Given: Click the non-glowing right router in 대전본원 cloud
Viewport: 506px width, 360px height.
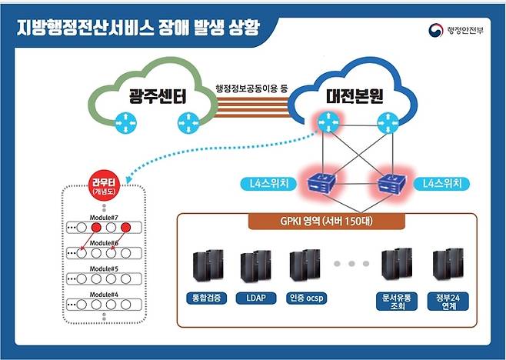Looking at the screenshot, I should pyautogui.click(x=386, y=121).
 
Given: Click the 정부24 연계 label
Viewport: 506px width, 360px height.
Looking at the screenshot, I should pyautogui.click(x=447, y=301).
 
